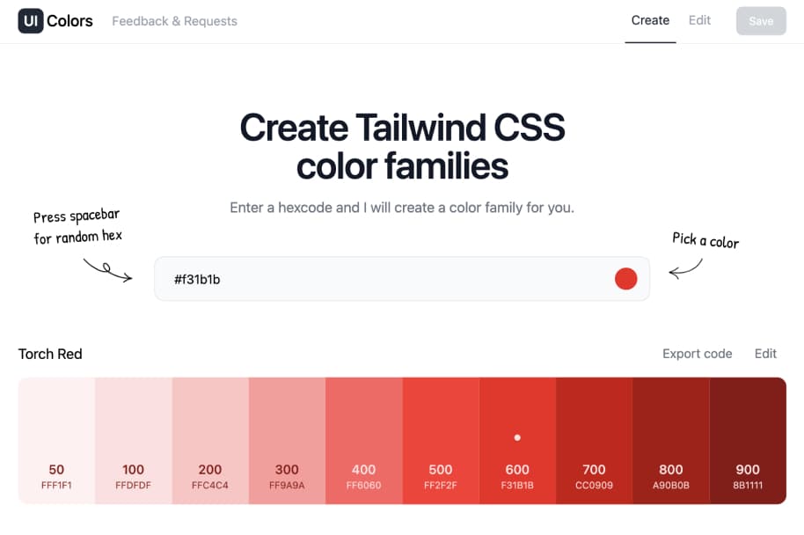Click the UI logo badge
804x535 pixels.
point(30,21)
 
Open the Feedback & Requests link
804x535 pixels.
point(174,21)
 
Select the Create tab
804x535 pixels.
point(650,20)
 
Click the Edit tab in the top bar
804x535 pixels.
point(699,20)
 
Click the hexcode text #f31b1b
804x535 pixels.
point(197,280)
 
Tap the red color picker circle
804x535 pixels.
point(625,279)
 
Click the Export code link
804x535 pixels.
point(697,354)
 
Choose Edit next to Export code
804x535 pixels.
point(765,354)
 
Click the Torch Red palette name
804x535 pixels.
point(50,354)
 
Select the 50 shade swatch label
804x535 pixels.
point(56,470)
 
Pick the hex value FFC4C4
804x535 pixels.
point(210,485)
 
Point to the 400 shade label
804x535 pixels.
point(363,470)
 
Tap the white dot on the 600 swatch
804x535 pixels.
point(517,437)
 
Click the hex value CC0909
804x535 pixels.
point(594,485)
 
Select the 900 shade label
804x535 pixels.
point(748,470)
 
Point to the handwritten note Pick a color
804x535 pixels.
point(705,240)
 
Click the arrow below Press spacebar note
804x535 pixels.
point(107,270)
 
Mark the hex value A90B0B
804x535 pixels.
point(670,485)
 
